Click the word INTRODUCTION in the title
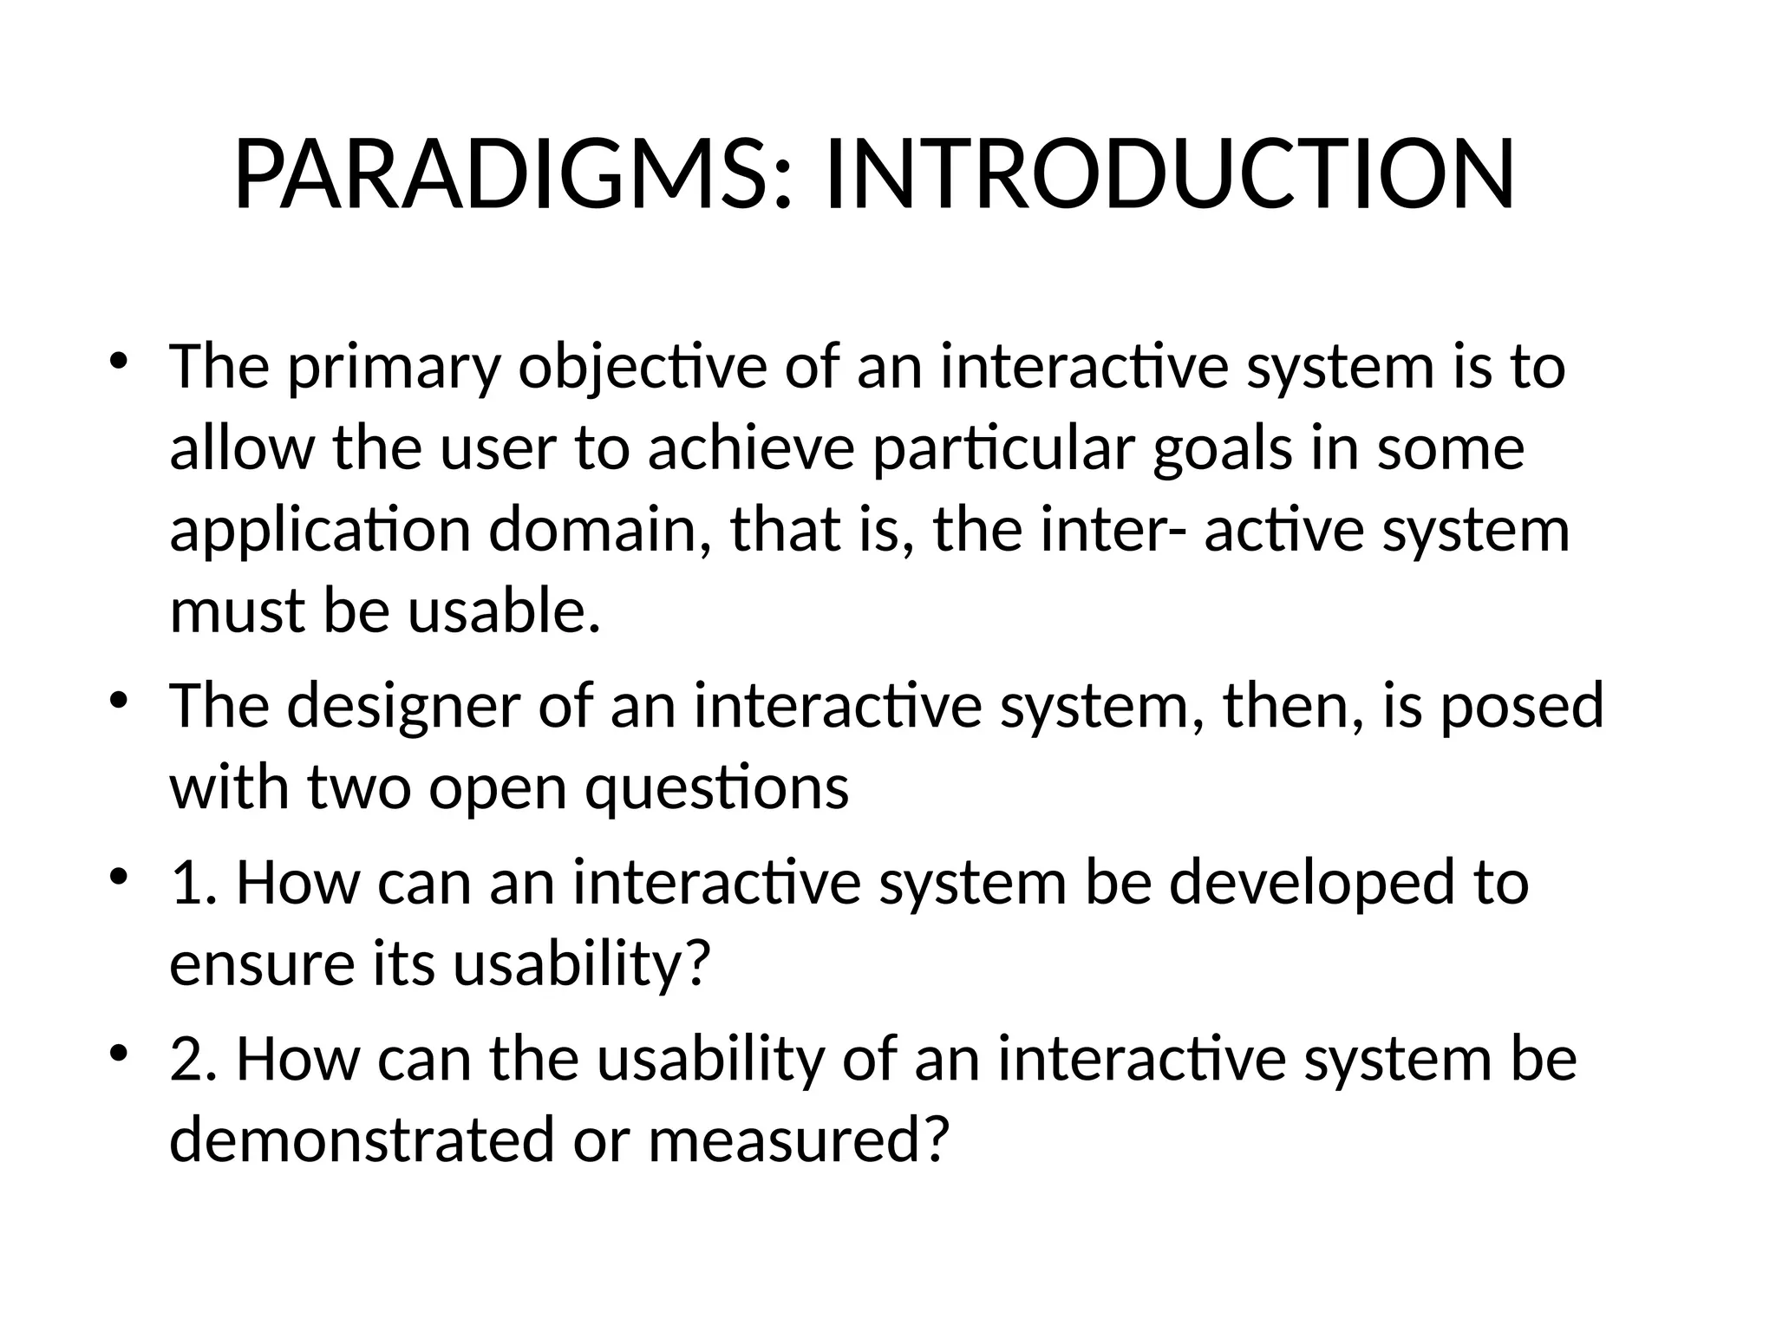tap(1170, 176)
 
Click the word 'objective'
tap(643, 369)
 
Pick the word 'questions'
tap(716, 788)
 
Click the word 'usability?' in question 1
tap(583, 964)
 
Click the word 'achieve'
tap(751, 449)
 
